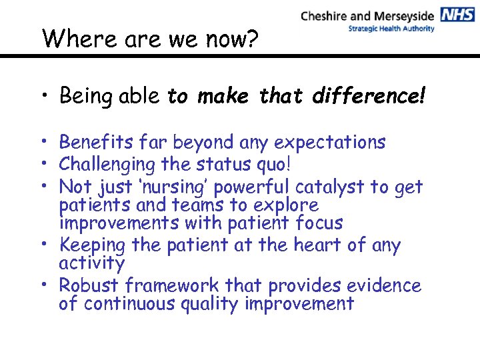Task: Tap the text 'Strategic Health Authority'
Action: coord(391,29)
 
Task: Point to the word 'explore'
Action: coord(288,205)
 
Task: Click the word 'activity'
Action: coord(91,263)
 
